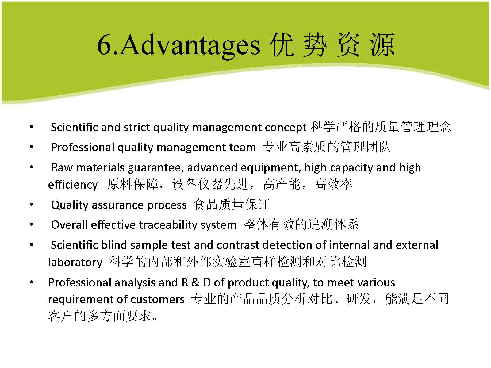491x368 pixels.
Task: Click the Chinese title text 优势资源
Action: tap(332, 45)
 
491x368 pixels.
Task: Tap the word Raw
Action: tap(62, 167)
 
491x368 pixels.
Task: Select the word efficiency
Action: tap(73, 185)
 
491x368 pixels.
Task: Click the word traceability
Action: tap(168, 225)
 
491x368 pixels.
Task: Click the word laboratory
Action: tap(75, 262)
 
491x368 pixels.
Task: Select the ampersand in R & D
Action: tap(195, 283)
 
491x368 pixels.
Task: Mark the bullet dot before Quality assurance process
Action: tap(32, 205)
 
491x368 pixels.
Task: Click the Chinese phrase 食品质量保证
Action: tap(231, 204)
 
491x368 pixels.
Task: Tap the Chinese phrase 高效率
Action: tap(334, 184)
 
